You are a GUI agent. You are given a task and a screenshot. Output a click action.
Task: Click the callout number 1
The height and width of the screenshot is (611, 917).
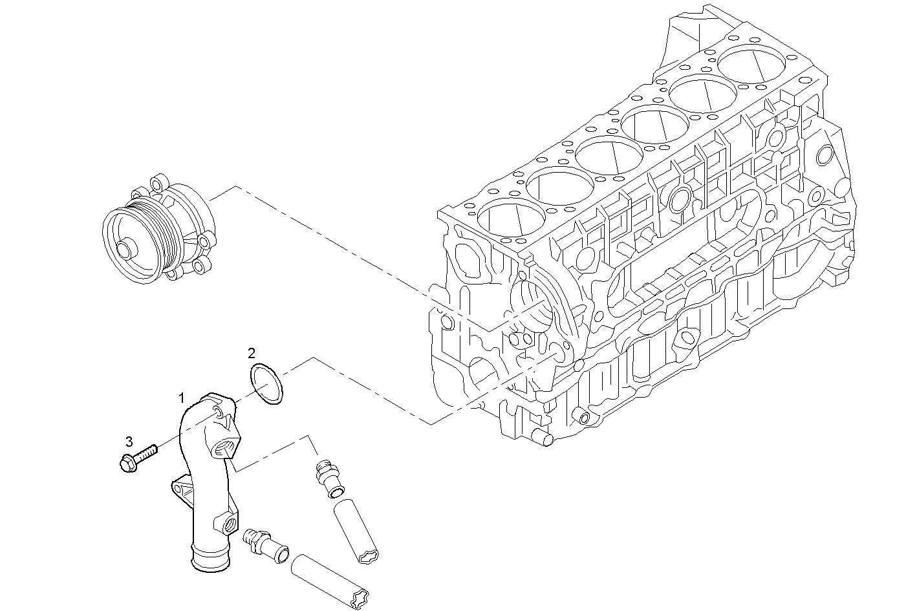coord(182,396)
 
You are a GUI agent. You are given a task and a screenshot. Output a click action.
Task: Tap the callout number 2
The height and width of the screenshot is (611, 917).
coord(252,353)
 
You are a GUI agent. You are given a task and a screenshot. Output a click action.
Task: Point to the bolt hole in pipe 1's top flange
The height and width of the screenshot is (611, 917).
coord(217,413)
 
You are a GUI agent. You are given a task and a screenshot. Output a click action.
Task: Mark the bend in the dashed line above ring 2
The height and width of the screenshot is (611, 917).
coord(314,358)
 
